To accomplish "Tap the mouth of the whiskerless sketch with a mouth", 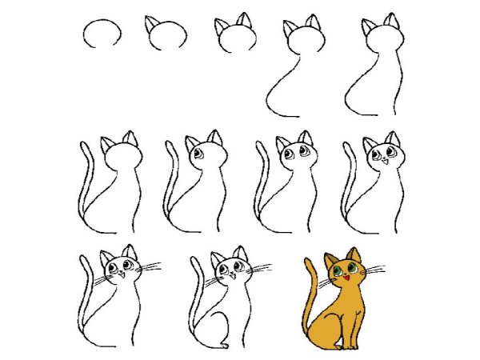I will click(382, 162).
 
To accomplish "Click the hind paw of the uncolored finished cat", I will click(223, 345).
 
